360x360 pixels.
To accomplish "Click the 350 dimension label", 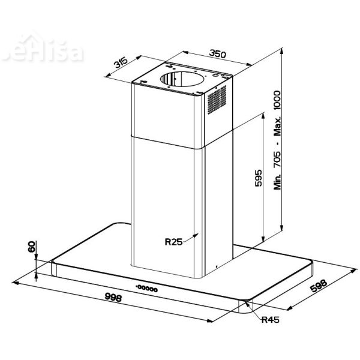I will tap(217, 55).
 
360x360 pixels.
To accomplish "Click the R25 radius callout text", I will tap(173, 242).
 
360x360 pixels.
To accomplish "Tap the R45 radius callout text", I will tap(271, 319).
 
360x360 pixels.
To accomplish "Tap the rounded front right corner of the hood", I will tap(247, 307).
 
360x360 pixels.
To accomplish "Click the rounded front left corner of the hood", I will tap(54, 267).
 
